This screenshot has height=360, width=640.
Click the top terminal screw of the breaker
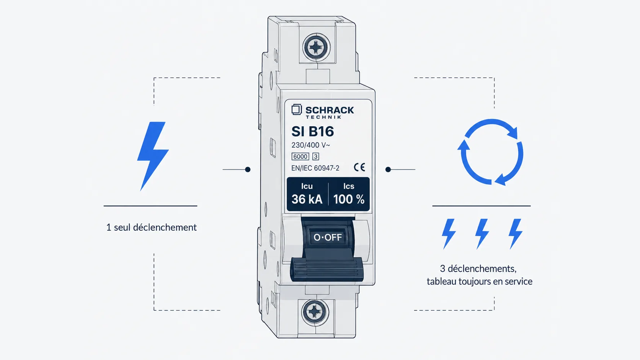[x=316, y=47]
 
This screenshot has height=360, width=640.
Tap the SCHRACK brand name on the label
[x=330, y=110]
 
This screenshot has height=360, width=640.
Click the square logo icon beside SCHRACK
[x=297, y=109]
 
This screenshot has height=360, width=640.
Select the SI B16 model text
[x=313, y=132]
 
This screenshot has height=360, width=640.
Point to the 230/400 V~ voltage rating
[x=310, y=145]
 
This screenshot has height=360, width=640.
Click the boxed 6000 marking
[x=300, y=156]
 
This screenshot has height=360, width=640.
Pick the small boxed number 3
[x=316, y=156]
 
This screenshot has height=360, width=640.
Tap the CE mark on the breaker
[x=359, y=167]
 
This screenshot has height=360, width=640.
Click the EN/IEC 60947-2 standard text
[x=315, y=168]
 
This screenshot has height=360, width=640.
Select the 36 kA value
[x=307, y=199]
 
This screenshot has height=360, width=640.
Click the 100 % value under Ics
[x=349, y=199]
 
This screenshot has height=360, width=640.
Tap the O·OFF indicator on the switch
[x=328, y=237]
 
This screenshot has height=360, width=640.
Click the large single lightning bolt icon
[x=153, y=156]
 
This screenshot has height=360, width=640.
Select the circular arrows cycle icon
[x=491, y=152]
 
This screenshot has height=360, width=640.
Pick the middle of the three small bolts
[x=482, y=234]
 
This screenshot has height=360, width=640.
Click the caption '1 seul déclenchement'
[x=152, y=228]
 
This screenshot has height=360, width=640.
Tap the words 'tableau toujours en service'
[x=480, y=282]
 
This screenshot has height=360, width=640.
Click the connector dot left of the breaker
[x=248, y=169]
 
